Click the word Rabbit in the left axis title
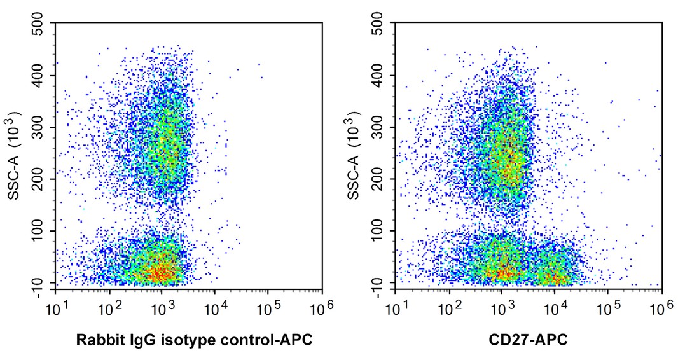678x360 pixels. [x=97, y=341]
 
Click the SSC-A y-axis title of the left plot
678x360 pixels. [x=13, y=155]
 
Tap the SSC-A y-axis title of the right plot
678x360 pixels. [x=354, y=155]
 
